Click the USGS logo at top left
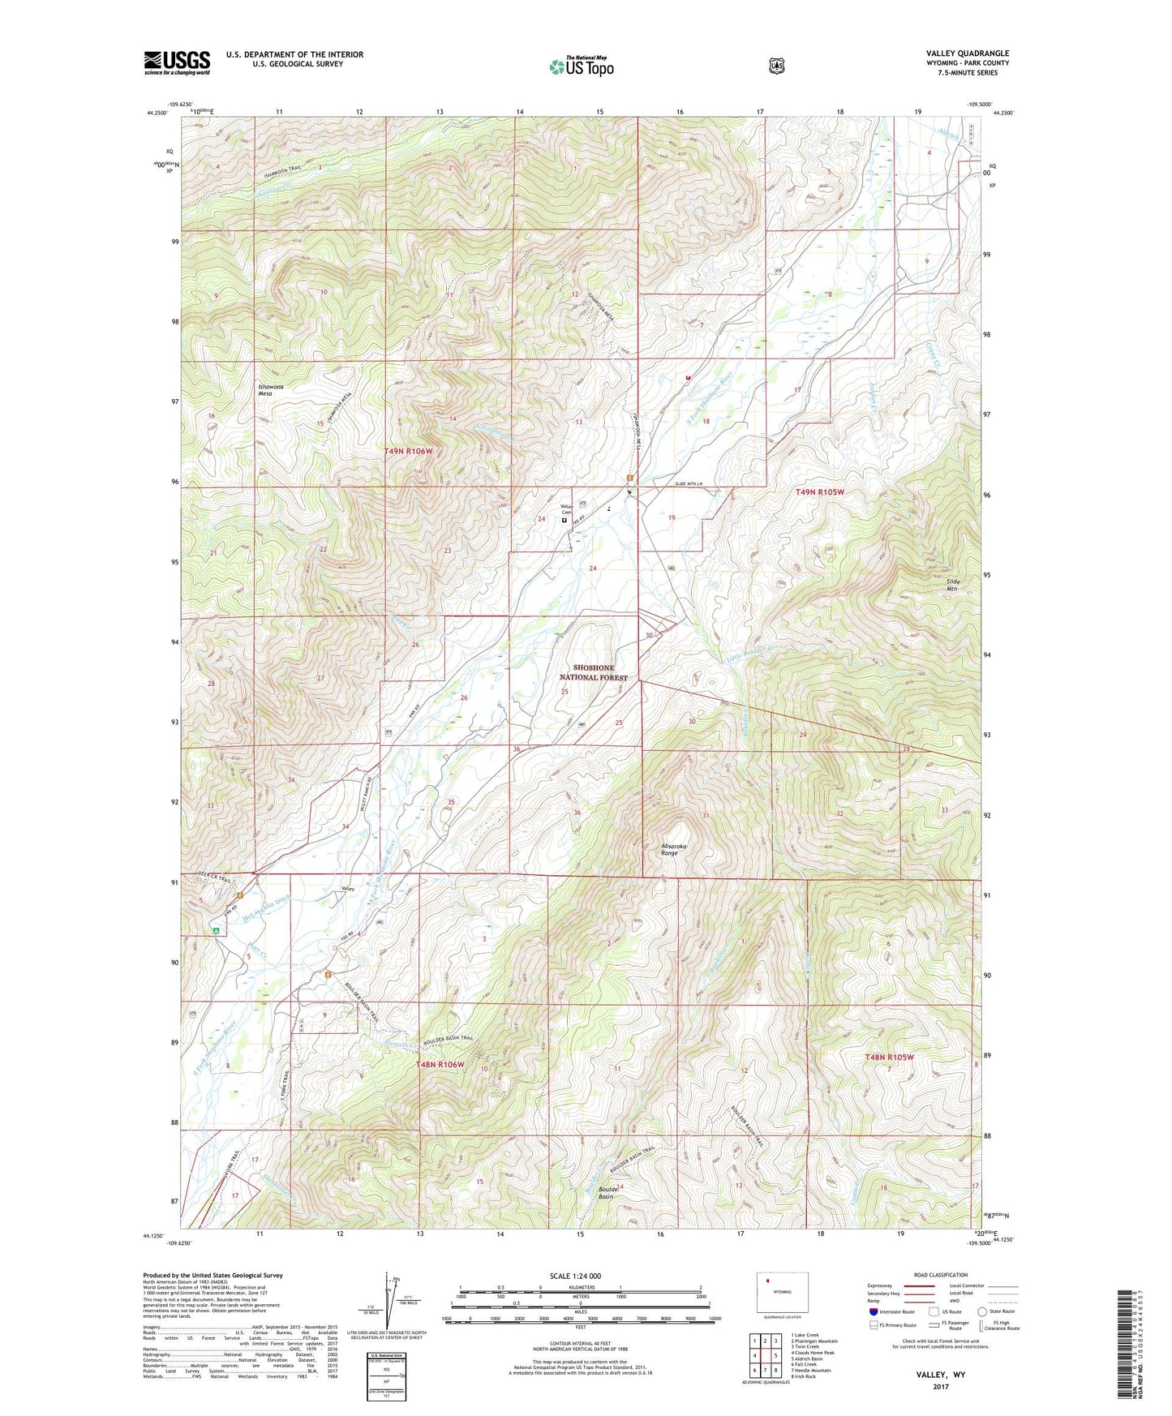pos(177,62)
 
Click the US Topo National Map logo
pos(581,66)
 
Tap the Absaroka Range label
pos(674,849)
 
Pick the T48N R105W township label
pos(889,1057)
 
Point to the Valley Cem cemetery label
pos(566,510)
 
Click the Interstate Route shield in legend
pos(873,1311)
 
